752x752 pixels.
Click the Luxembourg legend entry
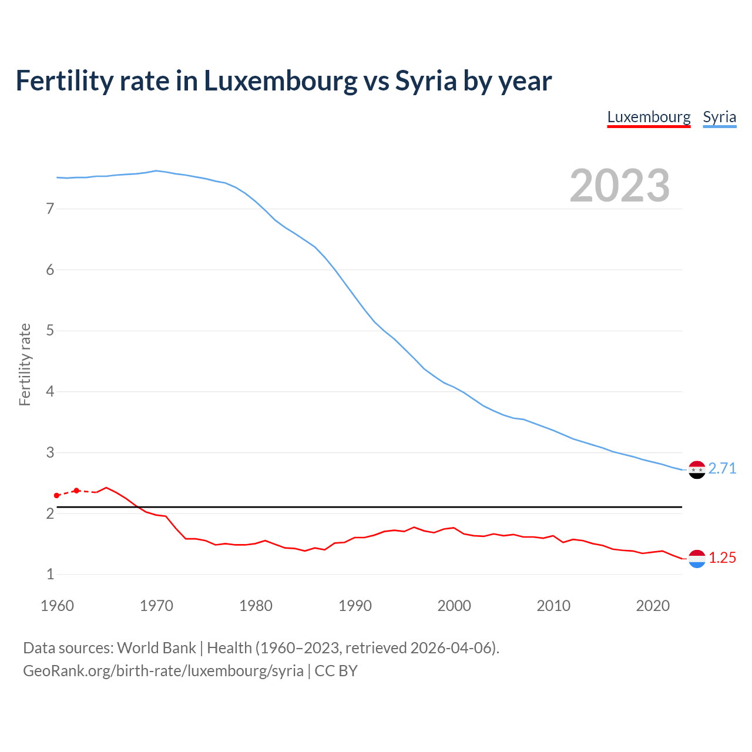(649, 117)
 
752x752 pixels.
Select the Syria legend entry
(719, 117)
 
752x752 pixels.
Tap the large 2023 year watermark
(619, 186)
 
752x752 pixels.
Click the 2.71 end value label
(722, 468)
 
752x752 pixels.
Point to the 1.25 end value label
(722, 558)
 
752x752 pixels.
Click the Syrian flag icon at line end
(697, 470)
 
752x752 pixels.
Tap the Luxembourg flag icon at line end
(697, 559)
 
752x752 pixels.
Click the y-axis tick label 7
(50, 209)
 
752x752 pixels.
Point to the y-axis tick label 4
(50, 391)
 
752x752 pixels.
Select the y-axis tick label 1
(50, 574)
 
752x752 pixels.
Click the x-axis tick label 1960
(57, 606)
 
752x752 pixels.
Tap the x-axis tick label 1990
(355, 606)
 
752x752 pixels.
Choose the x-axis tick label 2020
(653, 606)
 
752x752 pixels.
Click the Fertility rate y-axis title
(25, 364)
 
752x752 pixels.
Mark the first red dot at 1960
(56, 496)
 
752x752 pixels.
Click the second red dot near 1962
(76, 491)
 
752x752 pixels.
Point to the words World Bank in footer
(156, 648)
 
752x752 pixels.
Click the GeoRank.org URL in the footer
(163, 671)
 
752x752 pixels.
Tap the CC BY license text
(336, 671)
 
